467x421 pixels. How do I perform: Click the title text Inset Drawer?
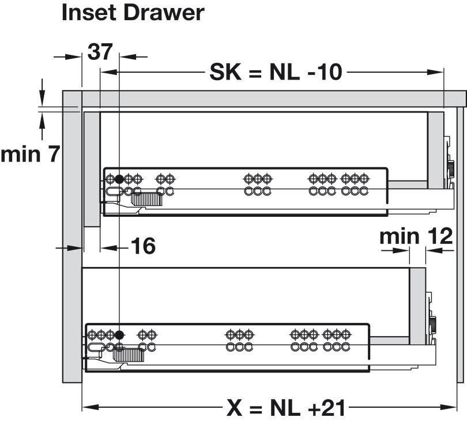(133, 13)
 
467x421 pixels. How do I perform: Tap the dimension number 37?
(100, 52)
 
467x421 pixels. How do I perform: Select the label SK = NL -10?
(276, 72)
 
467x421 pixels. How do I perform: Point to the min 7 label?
(31, 154)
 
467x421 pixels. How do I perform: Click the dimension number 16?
(143, 246)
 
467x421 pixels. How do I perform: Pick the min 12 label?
(416, 236)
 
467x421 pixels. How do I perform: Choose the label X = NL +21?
(286, 408)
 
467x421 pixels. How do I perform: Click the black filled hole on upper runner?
(119, 179)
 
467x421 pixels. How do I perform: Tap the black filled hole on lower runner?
(119, 335)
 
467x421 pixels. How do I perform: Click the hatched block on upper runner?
(147, 199)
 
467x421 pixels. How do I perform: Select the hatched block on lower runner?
(129, 355)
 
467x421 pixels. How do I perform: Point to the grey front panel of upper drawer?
(92, 170)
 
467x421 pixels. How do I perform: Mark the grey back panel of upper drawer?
(436, 150)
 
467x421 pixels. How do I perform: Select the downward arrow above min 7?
(42, 92)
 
